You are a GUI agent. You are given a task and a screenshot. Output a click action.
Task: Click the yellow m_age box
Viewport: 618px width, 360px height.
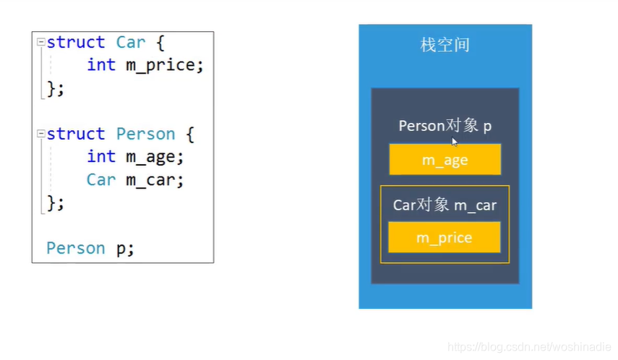[x=445, y=160]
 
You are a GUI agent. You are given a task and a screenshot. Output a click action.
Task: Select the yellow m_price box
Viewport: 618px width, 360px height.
[x=445, y=238]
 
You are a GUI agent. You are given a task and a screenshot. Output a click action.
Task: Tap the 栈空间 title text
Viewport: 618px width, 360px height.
[x=445, y=45]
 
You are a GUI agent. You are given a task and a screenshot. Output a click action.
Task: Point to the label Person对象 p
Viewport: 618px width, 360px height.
[x=445, y=126]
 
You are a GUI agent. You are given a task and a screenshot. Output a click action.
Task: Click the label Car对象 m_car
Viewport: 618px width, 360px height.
[x=445, y=205]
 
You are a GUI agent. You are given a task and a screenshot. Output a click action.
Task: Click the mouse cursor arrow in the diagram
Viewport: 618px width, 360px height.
[x=455, y=142]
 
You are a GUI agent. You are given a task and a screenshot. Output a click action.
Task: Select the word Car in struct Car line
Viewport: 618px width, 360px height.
[x=131, y=43]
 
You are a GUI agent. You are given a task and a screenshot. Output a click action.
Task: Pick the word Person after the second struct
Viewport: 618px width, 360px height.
[x=145, y=134]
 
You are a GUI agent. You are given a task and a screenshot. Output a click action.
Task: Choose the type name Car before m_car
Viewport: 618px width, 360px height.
[x=100, y=180]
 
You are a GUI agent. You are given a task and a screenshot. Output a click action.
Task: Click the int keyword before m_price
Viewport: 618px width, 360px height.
[x=100, y=65]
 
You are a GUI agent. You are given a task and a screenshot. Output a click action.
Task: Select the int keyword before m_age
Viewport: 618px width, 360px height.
[x=100, y=157]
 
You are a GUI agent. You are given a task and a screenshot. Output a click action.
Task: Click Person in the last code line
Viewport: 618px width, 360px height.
[x=76, y=249]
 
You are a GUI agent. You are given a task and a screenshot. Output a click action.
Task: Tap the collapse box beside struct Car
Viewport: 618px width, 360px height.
[x=41, y=43]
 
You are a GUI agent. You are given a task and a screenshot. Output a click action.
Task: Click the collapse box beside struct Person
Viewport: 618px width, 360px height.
[x=41, y=134]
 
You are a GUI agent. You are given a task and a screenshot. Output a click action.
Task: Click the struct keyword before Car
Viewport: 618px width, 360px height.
[x=76, y=43]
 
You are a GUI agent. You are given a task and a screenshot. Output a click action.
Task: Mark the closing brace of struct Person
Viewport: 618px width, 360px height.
[x=51, y=203]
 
